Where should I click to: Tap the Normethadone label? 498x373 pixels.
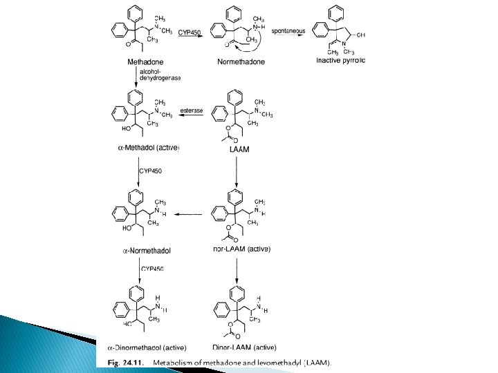241,61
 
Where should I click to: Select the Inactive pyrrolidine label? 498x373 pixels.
340,61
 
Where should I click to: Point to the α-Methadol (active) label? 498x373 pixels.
145,147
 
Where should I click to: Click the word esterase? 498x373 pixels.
192,110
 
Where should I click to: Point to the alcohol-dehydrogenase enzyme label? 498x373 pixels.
159,75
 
